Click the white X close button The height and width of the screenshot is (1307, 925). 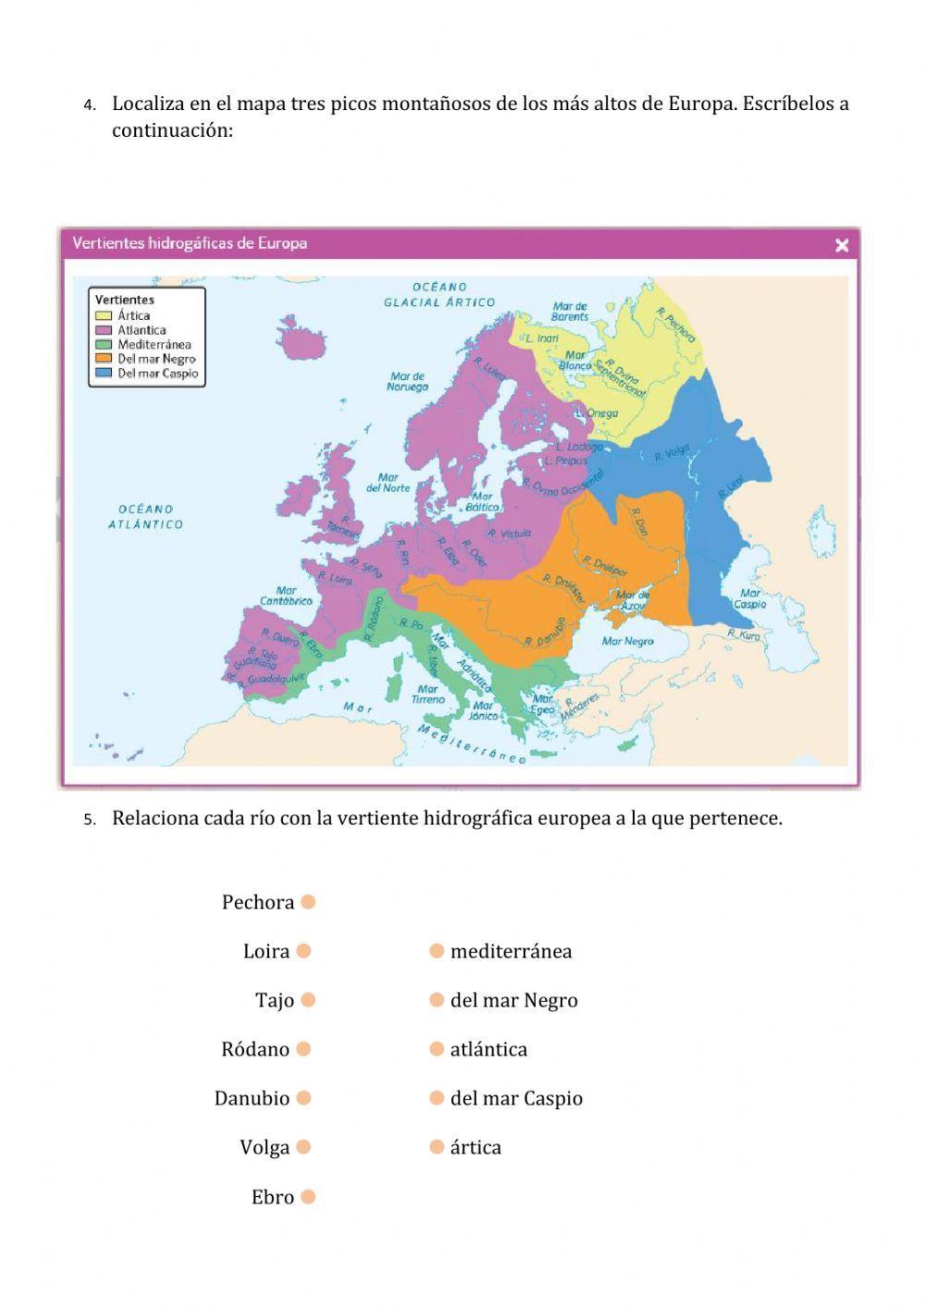[x=842, y=245]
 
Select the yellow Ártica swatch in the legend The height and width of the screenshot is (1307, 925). [x=103, y=315]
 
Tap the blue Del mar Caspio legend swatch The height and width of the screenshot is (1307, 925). [x=103, y=374]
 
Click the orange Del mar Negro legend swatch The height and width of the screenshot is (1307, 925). [x=103, y=359]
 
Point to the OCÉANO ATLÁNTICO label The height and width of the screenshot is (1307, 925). [x=145, y=516]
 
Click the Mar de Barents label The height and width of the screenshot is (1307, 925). [x=570, y=311]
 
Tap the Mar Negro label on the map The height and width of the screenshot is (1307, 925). [x=627, y=641]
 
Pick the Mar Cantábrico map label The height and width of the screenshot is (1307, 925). [x=286, y=595]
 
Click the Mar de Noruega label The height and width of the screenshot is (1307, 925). [x=407, y=381]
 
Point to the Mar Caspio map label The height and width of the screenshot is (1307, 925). [x=750, y=598]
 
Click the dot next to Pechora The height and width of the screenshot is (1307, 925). [x=308, y=902]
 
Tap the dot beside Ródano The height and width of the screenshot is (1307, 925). [x=303, y=1049]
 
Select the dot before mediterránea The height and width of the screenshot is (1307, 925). [x=437, y=951]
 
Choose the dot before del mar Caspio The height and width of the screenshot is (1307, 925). [x=437, y=1098]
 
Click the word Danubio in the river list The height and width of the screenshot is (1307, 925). [x=252, y=1098]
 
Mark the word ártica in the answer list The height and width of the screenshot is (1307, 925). [x=475, y=1147]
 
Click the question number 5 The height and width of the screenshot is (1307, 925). [x=89, y=820]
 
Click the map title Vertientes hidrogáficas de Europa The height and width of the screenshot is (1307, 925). [x=190, y=243]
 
